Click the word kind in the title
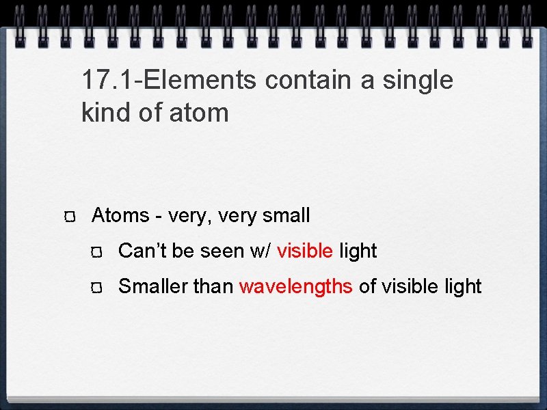click(105, 113)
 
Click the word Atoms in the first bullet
click(120, 216)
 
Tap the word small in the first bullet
click(286, 216)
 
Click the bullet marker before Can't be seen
click(97, 253)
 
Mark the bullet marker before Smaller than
click(97, 288)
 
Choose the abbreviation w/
click(261, 251)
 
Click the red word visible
click(305, 251)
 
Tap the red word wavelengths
click(296, 287)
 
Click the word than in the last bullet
click(213, 287)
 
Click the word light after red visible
click(358, 251)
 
